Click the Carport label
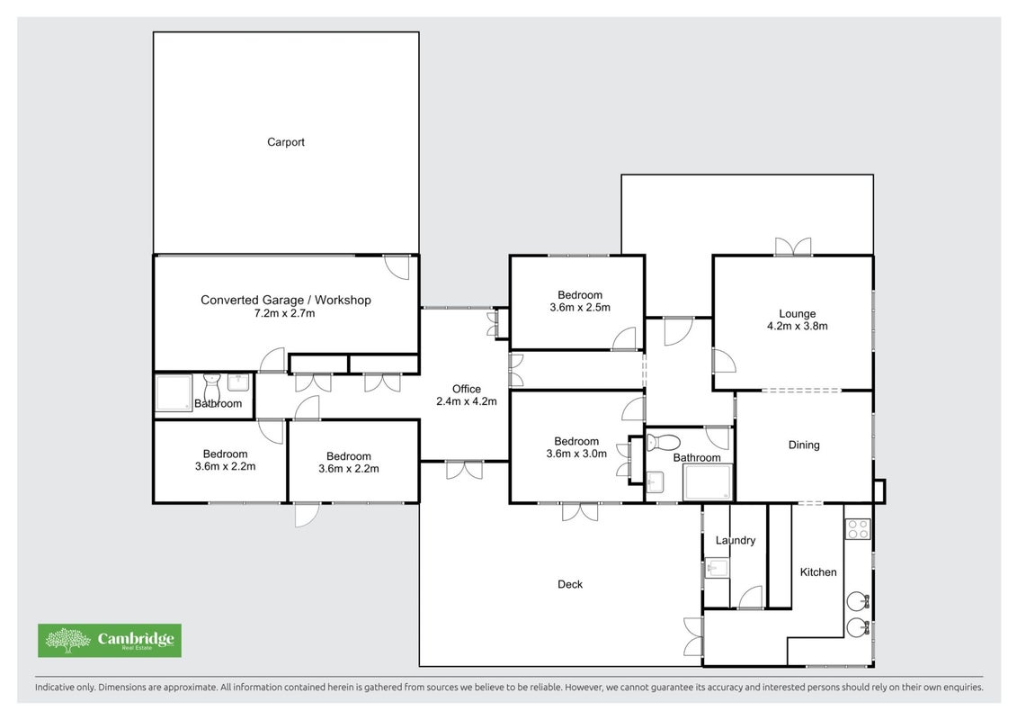[285, 142]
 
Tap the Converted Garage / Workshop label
[285, 300]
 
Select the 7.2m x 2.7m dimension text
[284, 313]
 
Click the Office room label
[467, 389]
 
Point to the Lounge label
[797, 313]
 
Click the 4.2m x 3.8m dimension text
[797, 326]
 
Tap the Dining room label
[804, 445]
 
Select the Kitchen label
[818, 572]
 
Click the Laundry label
[736, 540]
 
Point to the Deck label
[570, 584]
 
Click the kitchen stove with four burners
[858, 530]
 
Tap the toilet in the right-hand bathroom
[662, 443]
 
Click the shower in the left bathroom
[174, 392]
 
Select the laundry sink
[717, 569]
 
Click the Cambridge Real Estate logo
[110, 641]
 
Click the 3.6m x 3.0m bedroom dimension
[576, 454]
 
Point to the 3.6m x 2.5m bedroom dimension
[580, 308]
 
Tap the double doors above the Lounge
[792, 247]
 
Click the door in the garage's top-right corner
[397, 267]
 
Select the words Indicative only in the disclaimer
[64, 687]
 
